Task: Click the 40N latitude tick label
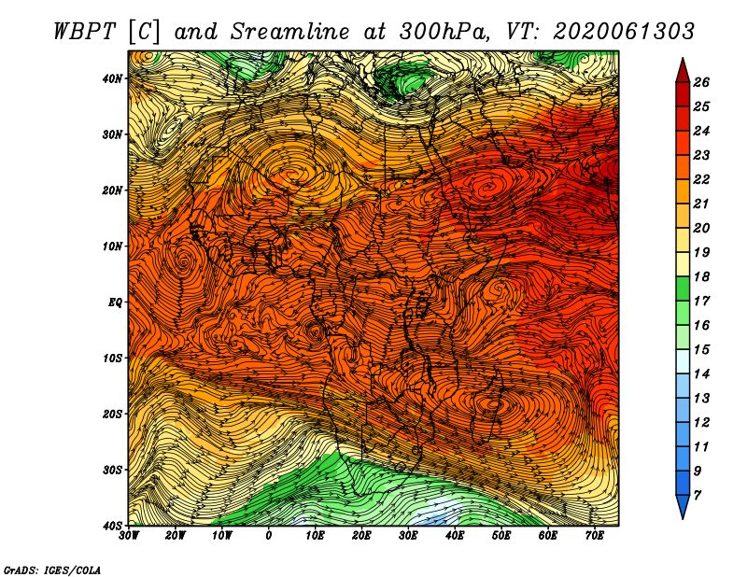click(112, 78)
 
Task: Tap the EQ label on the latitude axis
click(115, 303)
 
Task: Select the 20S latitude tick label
click(112, 414)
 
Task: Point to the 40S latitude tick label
click(112, 526)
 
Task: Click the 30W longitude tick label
click(129, 536)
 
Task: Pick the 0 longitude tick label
click(269, 536)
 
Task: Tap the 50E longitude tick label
click(501, 536)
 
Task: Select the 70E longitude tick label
click(595, 536)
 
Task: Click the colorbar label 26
click(701, 82)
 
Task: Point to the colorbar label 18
click(701, 276)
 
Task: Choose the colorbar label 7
click(698, 496)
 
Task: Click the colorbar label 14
click(701, 374)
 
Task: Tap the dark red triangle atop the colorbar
click(683, 72)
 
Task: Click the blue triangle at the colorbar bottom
click(683, 505)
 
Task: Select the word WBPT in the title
click(85, 32)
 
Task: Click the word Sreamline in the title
click(290, 32)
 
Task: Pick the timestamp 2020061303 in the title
click(624, 32)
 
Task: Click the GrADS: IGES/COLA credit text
click(52, 570)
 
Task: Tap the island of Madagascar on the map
click(491, 410)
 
